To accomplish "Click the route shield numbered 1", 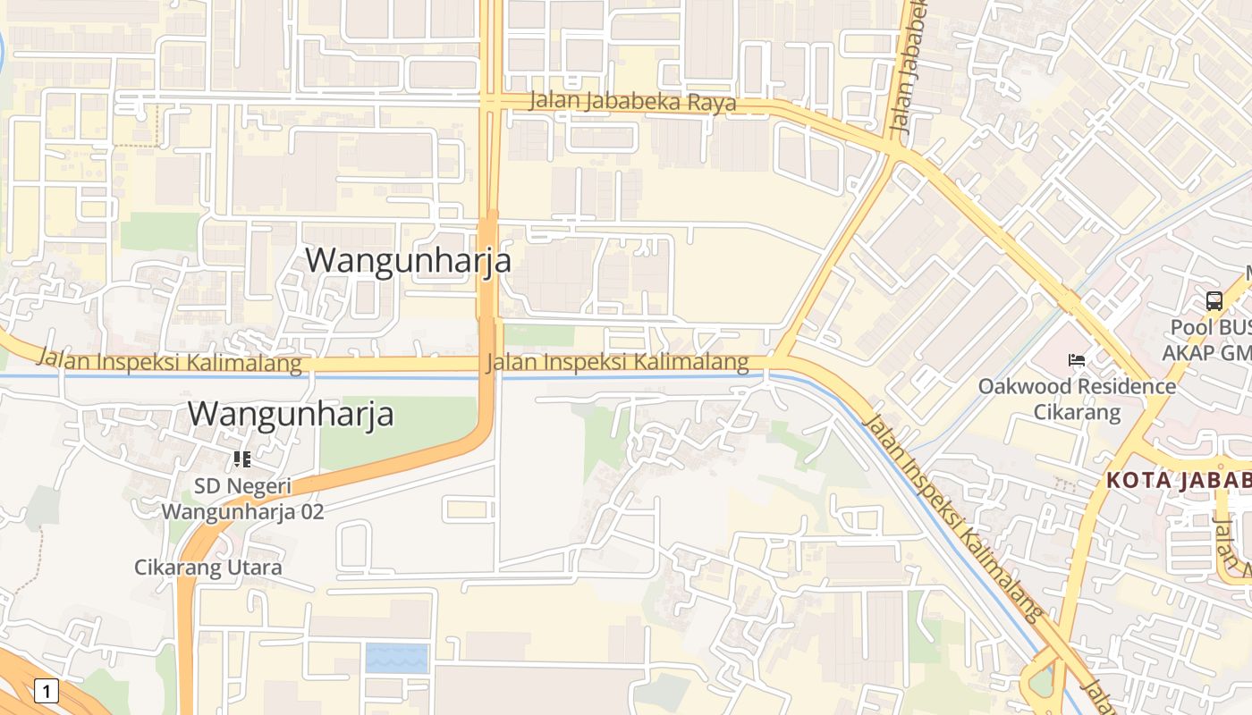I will coord(47,690).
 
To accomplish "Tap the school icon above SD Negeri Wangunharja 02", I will coord(241,459).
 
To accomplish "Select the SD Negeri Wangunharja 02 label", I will coord(242,499).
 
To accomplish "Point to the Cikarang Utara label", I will coord(207,568).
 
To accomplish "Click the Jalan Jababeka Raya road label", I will coord(632,102).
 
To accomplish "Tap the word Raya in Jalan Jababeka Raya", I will coord(712,104).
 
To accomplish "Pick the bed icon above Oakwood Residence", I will coord(1077,360).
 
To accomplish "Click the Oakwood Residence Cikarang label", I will coord(1077,399).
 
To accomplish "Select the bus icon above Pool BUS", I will coord(1214,301).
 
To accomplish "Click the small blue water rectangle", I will coord(396,658).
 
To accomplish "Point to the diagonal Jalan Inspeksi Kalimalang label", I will coord(952,517).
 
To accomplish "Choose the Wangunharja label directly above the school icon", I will coord(291,414).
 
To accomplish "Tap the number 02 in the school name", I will coord(311,512).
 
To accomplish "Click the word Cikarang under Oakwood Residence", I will coord(1077,412).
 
